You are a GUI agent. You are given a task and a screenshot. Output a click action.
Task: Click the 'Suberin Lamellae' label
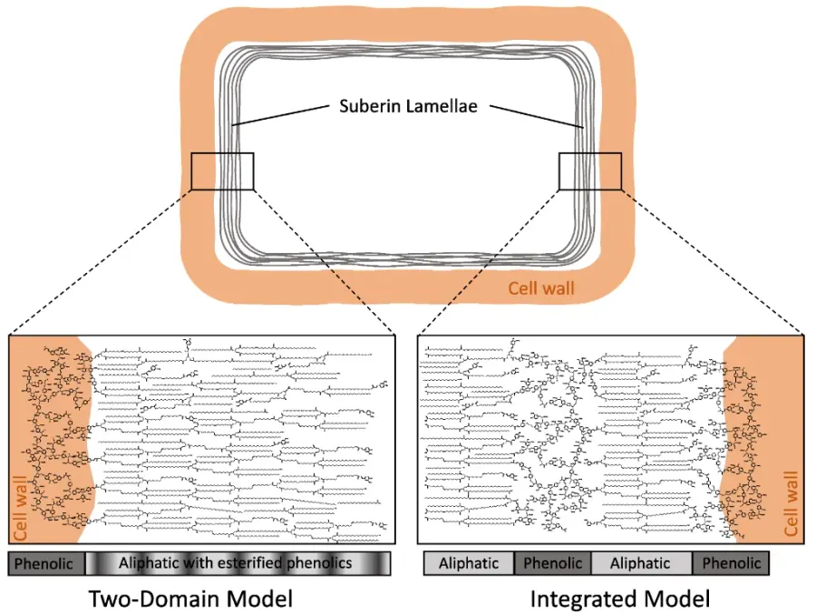[409, 106]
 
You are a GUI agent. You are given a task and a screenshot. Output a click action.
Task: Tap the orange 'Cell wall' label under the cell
[541, 288]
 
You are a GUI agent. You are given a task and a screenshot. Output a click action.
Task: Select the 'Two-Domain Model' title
[190, 599]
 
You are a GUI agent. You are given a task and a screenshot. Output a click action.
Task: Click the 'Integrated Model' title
[620, 599]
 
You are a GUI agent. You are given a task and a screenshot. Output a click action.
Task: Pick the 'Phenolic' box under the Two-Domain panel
[46, 563]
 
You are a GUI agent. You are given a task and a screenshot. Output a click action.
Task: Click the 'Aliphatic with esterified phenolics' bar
[238, 563]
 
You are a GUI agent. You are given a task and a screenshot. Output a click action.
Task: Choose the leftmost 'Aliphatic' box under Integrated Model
[469, 563]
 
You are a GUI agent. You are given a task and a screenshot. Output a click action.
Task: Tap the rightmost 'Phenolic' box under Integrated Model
[731, 563]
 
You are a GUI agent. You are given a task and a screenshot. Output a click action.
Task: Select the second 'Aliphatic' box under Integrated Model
[642, 563]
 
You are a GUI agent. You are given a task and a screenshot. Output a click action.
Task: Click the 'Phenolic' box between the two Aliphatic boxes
[553, 563]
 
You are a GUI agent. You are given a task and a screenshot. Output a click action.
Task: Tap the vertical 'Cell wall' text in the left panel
[20, 509]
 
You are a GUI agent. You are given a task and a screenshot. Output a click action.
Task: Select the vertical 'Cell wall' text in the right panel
[791, 503]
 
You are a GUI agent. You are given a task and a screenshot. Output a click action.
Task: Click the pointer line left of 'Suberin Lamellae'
[282, 115]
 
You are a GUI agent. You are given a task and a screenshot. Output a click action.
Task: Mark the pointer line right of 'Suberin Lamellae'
[536, 117]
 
